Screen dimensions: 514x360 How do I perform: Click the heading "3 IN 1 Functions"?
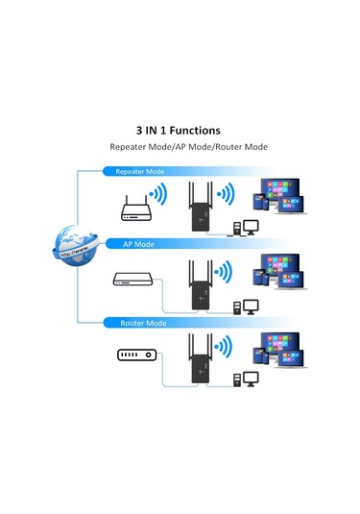click(x=180, y=130)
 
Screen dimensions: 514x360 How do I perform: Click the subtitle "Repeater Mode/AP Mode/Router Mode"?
click(x=189, y=147)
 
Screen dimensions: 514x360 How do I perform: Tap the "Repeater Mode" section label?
click(x=140, y=172)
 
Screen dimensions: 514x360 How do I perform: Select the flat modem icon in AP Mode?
click(x=130, y=280)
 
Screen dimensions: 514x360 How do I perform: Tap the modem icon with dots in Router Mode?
click(x=134, y=355)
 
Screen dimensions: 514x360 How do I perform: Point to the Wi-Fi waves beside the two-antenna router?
click(x=157, y=197)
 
